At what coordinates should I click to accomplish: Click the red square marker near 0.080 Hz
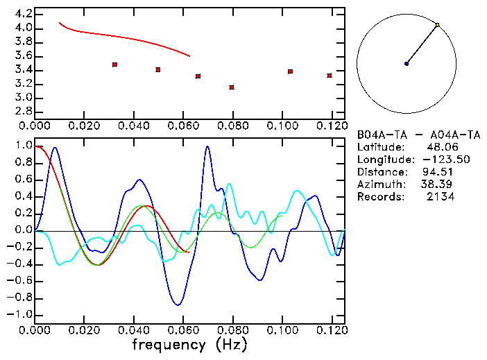232,87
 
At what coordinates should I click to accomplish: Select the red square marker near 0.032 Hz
114,65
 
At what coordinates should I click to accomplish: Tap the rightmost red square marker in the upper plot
330,76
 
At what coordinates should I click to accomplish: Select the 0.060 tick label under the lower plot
182,330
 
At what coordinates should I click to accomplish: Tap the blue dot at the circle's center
407,64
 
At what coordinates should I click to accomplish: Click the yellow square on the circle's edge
437,25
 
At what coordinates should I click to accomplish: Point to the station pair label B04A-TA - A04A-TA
418,135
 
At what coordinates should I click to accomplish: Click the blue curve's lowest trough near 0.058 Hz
178,305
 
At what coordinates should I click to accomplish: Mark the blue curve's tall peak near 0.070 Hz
207,147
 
